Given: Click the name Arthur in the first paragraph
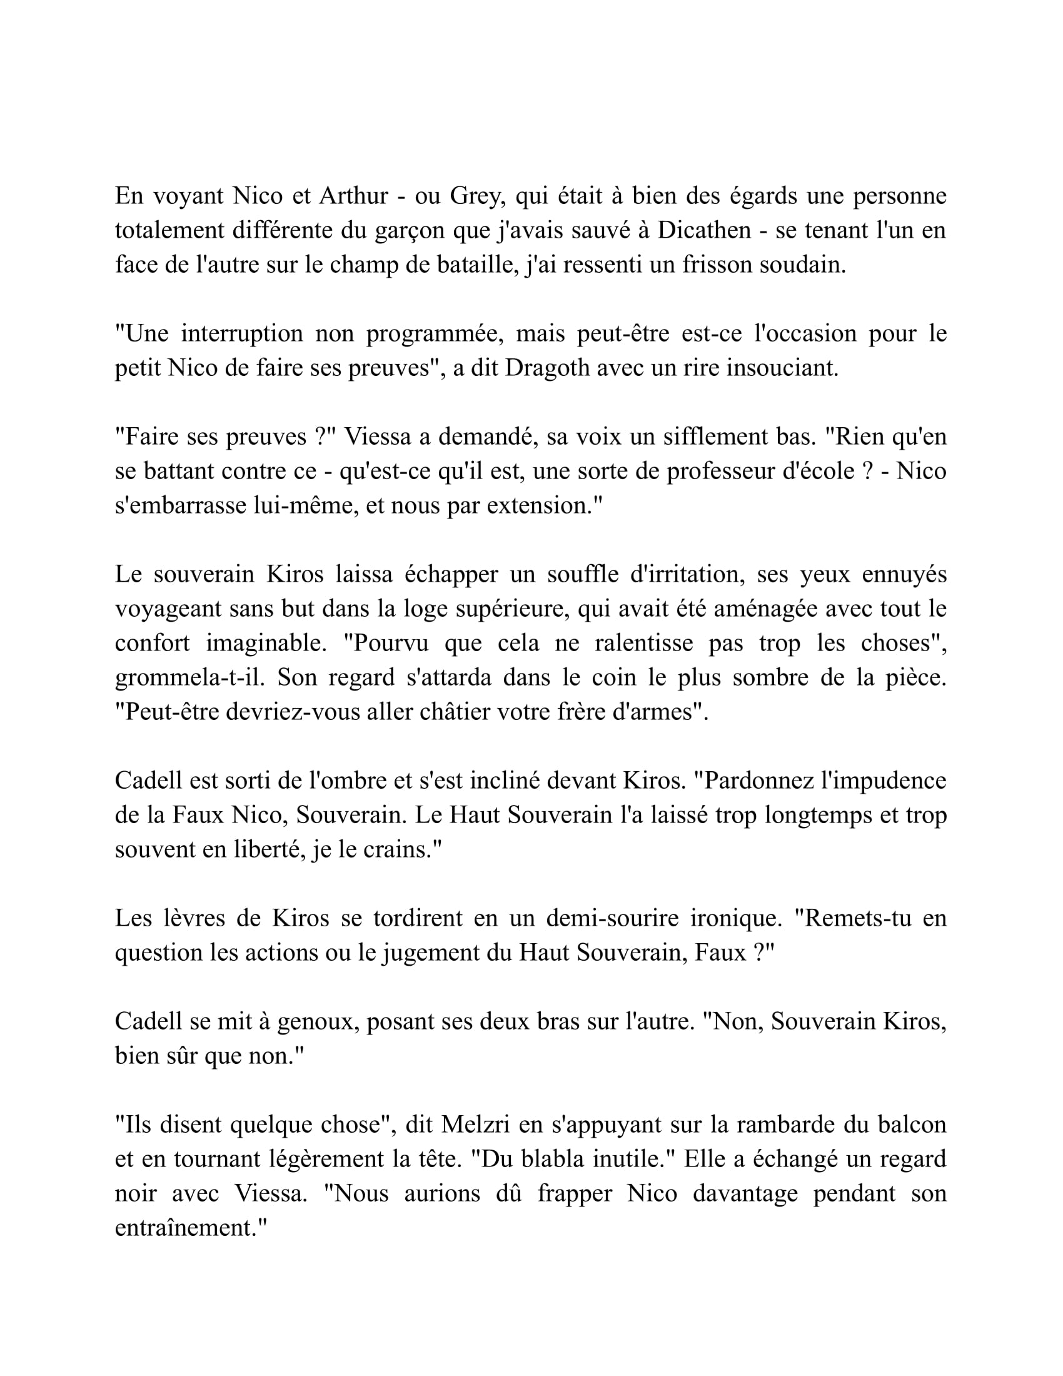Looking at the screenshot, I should (x=353, y=196).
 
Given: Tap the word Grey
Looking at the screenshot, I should (x=476, y=196).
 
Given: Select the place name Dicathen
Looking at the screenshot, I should (x=704, y=231).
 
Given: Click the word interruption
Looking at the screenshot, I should (x=242, y=333).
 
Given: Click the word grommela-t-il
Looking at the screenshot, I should (x=189, y=677).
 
